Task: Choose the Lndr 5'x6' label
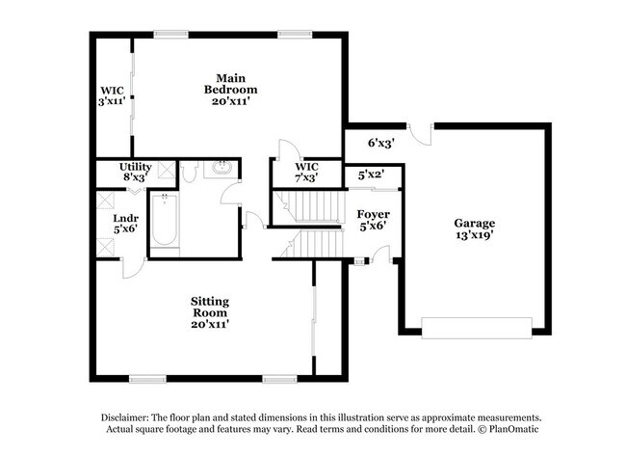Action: pyautogui.click(x=124, y=224)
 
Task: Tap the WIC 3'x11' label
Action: pyautogui.click(x=111, y=95)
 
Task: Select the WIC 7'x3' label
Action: pyautogui.click(x=304, y=172)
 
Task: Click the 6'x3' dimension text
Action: pyautogui.click(x=381, y=143)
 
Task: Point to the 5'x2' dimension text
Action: pyautogui.click(x=372, y=175)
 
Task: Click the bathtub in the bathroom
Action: pyautogui.click(x=165, y=221)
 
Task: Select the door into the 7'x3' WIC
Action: pyautogui.click(x=285, y=151)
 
